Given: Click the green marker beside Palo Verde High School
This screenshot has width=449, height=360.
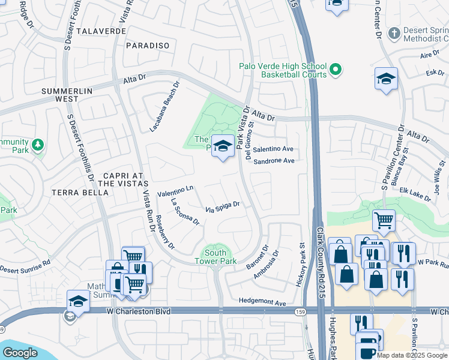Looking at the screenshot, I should tap(336, 70).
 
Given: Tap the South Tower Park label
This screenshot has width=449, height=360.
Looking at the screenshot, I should tap(215, 256).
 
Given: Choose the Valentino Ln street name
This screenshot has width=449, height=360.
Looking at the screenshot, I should tap(175, 191).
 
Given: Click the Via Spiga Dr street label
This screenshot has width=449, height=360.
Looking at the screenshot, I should tap(223, 207).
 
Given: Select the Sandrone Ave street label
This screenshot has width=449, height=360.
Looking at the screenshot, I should tap(274, 161).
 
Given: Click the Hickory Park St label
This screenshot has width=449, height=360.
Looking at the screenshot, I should tap(301, 265).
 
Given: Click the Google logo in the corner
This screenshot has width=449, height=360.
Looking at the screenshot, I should tap(20, 353).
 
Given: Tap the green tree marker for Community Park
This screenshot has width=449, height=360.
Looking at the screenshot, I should tap(38, 145).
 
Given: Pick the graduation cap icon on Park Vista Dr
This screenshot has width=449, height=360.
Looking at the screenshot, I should tap(223, 146).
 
